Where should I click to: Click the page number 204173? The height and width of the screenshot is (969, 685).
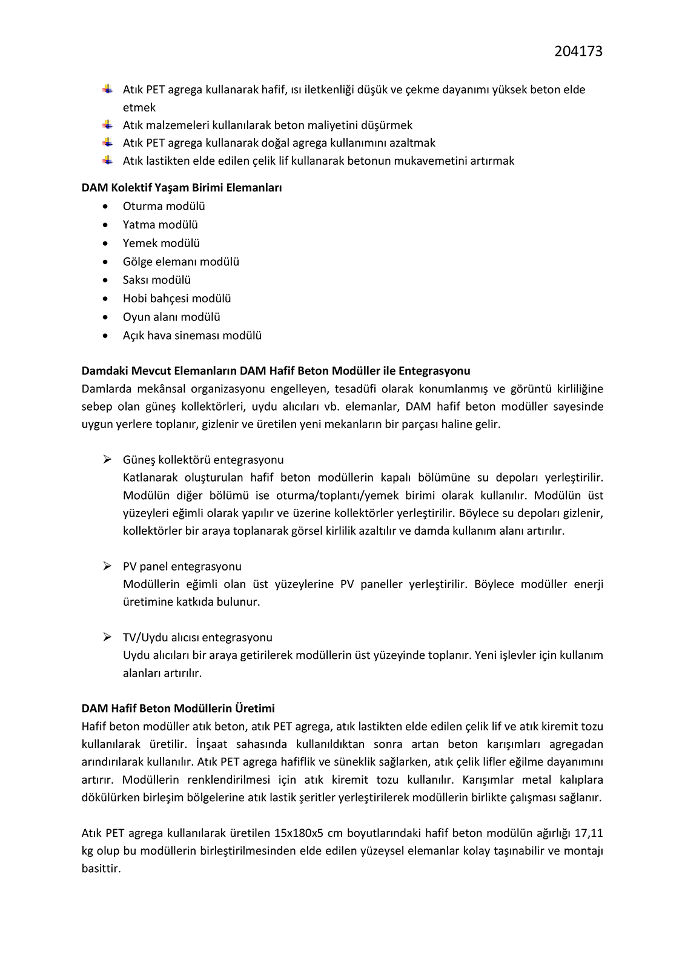coord(578,51)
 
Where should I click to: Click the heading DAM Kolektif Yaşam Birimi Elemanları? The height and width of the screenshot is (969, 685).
coord(182,188)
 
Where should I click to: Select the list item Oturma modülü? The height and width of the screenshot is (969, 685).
coord(164,206)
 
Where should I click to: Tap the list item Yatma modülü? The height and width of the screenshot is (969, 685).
coord(160,225)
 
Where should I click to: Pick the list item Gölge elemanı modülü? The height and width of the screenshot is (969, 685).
coord(181,262)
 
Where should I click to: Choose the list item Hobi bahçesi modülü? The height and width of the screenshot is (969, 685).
coord(177,299)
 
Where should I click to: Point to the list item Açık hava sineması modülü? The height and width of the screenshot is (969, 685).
coord(192,336)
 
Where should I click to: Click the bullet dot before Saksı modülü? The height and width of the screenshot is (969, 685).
coord(107,280)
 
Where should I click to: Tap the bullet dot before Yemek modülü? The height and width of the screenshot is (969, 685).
coord(107,243)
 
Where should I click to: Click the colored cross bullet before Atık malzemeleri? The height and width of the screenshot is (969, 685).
coord(107,125)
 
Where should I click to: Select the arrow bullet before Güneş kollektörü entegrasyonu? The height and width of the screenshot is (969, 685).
coord(107,460)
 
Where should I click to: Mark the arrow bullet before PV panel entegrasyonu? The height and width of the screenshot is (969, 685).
coord(107,566)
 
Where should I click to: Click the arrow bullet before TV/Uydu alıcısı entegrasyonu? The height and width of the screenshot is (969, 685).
coord(107,637)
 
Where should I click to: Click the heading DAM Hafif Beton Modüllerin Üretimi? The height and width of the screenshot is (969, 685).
coord(178,709)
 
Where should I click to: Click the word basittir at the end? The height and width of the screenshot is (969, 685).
coord(101,868)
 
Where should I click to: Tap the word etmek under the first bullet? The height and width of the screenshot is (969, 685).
coord(139,108)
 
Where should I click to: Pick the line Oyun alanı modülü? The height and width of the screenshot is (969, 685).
coord(171,317)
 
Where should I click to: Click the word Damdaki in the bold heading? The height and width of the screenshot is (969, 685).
coord(104,371)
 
